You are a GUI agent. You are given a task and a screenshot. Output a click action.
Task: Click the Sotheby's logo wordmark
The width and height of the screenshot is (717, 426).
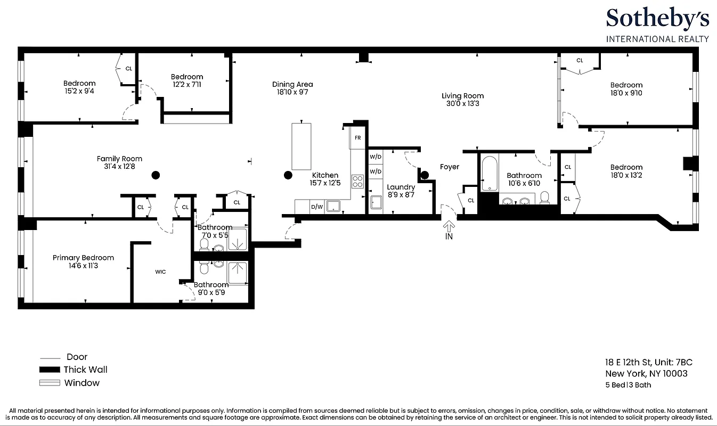point(657,20)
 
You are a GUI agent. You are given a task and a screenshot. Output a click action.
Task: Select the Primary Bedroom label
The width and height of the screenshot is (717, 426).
point(83,258)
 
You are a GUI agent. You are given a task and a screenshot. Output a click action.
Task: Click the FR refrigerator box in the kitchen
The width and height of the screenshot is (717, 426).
point(357,138)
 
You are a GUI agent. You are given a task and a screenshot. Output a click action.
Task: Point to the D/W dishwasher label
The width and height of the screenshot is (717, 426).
point(316,207)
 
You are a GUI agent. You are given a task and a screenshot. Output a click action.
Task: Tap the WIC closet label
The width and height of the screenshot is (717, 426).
point(160,272)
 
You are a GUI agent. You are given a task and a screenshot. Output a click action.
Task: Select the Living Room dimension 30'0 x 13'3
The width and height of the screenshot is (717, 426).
point(462,104)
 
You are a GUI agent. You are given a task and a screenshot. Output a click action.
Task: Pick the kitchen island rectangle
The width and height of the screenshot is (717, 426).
point(301,145)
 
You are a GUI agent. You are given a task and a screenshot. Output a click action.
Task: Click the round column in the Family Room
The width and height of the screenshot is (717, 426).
point(156,175)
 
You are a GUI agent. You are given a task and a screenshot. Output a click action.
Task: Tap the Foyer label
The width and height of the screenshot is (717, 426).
point(449,167)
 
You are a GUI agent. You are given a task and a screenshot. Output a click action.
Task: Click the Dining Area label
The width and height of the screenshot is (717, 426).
point(292,84)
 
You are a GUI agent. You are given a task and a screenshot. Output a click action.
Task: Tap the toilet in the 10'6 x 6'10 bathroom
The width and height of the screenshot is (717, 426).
point(544,198)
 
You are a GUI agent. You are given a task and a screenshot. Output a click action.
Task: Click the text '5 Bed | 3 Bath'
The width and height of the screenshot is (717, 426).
point(628,385)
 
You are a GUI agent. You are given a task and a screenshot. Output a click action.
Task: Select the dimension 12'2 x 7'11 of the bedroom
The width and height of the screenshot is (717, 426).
point(187,84)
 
